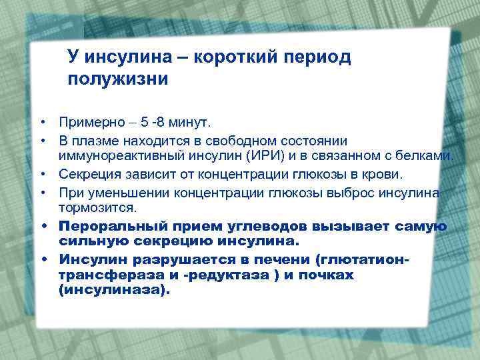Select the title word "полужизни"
pos(117,79)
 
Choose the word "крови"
pos(383,175)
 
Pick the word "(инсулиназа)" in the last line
pos(114,290)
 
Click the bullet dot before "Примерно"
pos(41,123)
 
